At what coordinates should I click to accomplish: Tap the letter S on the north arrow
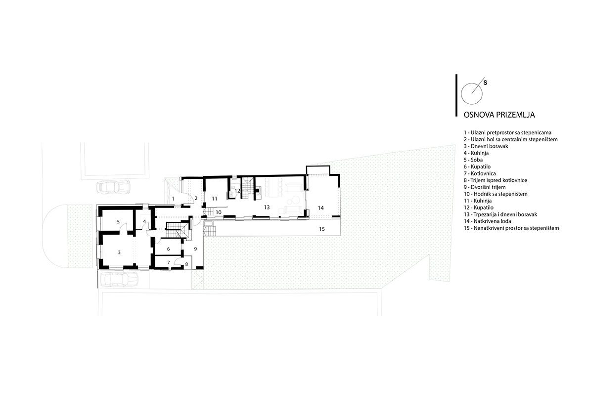pyautogui.click(x=485, y=83)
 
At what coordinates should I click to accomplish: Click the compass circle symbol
pyautogui.click(x=471, y=94)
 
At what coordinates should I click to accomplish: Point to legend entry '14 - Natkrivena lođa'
pyautogui.click(x=487, y=221)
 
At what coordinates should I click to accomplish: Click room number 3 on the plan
pyautogui.click(x=119, y=252)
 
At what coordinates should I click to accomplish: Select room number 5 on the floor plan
pyautogui.click(x=118, y=222)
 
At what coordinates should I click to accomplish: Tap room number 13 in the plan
pyautogui.click(x=267, y=207)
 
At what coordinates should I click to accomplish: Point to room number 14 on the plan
pyautogui.click(x=321, y=208)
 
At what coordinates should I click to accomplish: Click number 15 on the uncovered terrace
pyautogui.click(x=322, y=229)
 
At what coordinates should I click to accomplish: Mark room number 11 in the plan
pyautogui.click(x=215, y=199)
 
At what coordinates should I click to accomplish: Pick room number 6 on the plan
pyautogui.click(x=168, y=249)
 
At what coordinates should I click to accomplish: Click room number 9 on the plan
pyautogui.click(x=195, y=249)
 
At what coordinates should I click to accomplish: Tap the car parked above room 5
pyautogui.click(x=113, y=187)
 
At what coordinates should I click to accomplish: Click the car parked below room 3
pyautogui.click(x=120, y=279)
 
